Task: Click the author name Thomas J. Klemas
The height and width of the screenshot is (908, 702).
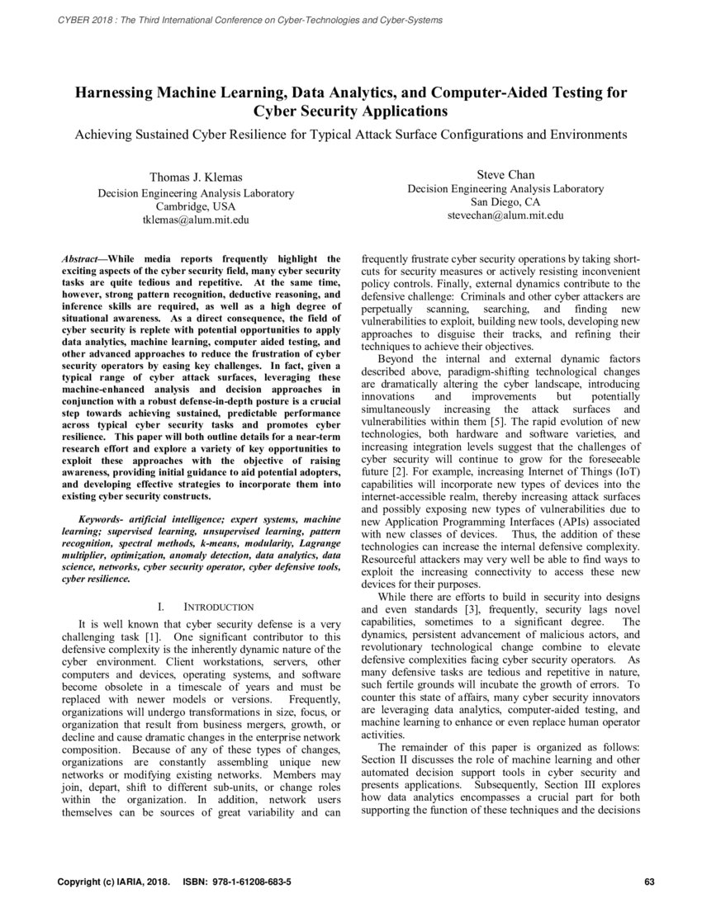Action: click(196, 177)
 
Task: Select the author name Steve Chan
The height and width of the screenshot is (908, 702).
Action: click(505, 174)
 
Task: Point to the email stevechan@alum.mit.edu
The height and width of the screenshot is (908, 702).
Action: click(505, 215)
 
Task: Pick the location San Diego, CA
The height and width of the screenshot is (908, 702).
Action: click(505, 201)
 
